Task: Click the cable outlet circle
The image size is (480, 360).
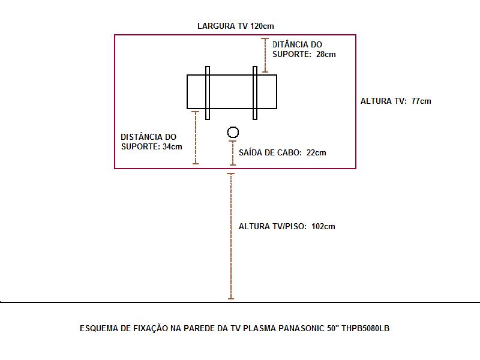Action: (x=233, y=133)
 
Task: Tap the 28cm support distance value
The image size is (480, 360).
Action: (x=326, y=54)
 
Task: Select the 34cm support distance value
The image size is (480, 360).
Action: (x=172, y=146)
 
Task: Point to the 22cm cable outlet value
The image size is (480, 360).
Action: (x=316, y=152)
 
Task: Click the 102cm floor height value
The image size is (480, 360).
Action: (x=323, y=226)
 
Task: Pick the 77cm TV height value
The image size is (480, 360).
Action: (x=421, y=101)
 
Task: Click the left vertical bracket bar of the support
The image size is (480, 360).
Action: (x=208, y=92)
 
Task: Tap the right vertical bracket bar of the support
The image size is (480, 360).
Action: (x=255, y=92)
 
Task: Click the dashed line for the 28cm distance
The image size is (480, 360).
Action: (x=265, y=55)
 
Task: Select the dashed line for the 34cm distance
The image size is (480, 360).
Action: (x=195, y=137)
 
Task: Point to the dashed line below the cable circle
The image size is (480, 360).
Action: (x=233, y=153)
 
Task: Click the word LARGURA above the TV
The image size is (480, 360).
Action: (x=215, y=26)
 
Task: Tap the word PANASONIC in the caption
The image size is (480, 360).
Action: (x=301, y=328)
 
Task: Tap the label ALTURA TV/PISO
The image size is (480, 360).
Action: (x=272, y=226)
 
